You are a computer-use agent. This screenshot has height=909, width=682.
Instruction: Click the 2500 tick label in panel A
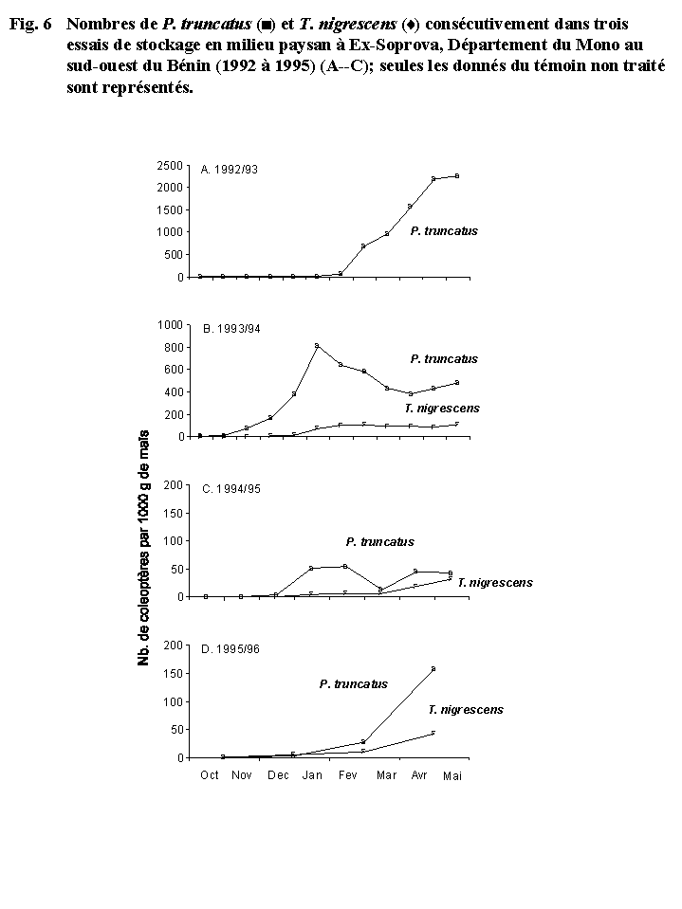(x=171, y=165)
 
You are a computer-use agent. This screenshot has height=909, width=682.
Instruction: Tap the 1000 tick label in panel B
(x=171, y=324)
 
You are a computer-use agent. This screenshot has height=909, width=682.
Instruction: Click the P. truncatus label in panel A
(x=444, y=231)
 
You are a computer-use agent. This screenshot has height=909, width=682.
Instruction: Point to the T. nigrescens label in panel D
(x=465, y=709)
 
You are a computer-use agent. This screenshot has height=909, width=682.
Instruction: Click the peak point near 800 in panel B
(x=317, y=345)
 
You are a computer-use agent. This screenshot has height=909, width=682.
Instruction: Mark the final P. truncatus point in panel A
(x=457, y=175)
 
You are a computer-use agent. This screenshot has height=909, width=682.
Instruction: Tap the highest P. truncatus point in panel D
(x=433, y=669)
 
